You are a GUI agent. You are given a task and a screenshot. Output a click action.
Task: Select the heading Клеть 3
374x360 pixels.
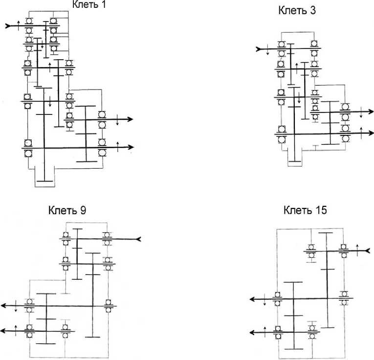pos(297,10)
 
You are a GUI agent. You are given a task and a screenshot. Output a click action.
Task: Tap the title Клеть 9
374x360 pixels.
pos(67,211)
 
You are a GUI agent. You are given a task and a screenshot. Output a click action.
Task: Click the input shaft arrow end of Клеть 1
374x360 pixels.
pos(8,25)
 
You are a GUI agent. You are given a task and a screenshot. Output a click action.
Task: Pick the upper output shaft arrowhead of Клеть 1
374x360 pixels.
pos(131,119)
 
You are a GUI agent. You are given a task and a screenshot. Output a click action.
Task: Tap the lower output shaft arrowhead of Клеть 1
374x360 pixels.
pos(131,147)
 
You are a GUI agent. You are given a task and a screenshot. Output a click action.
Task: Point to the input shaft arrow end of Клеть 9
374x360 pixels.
pos(139,239)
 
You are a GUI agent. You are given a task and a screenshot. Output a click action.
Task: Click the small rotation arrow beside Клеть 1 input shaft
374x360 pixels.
pos(19,24)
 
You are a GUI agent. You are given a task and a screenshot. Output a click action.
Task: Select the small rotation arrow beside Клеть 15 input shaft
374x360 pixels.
pos(357,246)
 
